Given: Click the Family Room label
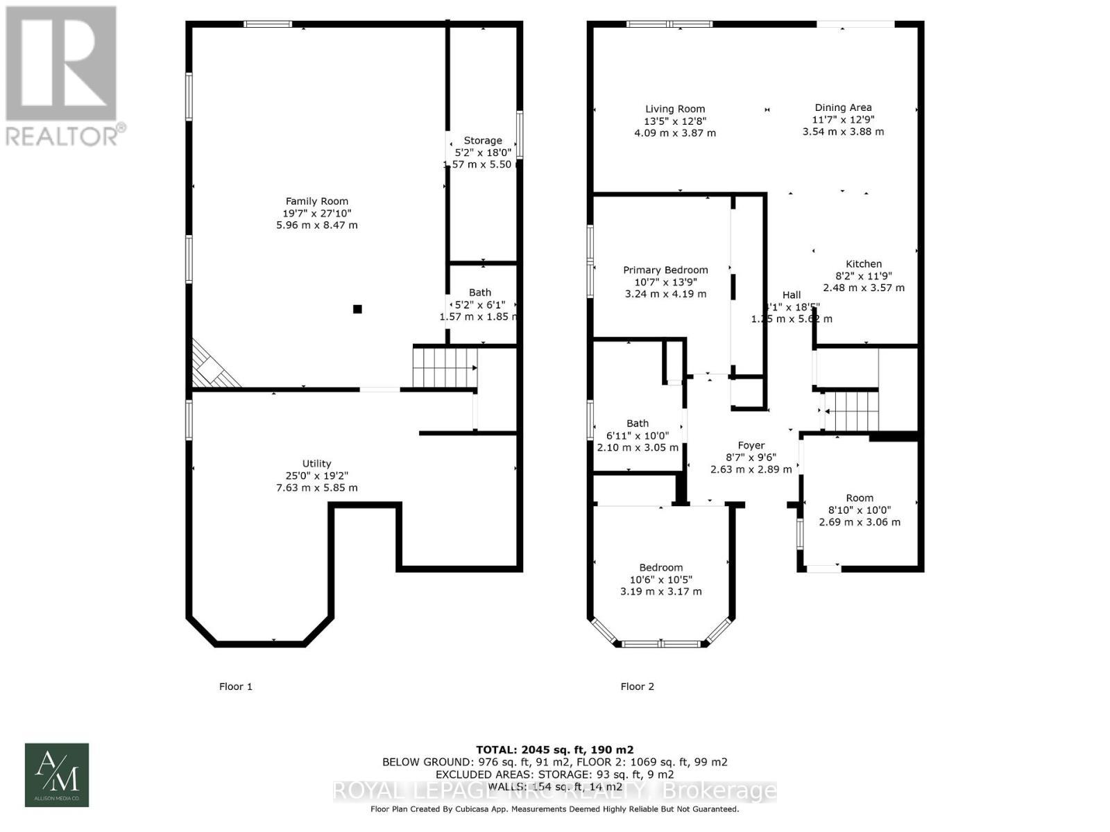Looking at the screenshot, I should (x=317, y=202).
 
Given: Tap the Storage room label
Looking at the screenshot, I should (x=482, y=141).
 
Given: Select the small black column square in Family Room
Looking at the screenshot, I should (x=357, y=309).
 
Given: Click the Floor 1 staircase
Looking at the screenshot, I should (x=445, y=367).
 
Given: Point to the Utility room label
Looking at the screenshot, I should (x=316, y=464).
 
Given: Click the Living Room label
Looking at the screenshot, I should (x=675, y=109).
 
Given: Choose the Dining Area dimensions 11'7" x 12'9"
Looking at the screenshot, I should (x=843, y=119).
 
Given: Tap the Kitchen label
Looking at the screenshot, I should (x=864, y=263).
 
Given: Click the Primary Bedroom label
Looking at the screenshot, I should (x=665, y=270).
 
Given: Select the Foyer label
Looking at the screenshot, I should (x=751, y=446).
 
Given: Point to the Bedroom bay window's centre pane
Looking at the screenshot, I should (x=660, y=643).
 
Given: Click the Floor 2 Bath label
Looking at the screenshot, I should (x=638, y=424).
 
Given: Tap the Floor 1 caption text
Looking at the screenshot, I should (x=236, y=686).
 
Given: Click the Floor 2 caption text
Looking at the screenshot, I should (x=637, y=686).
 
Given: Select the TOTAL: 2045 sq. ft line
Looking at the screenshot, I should (x=554, y=749).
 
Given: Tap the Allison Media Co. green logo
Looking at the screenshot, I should (x=57, y=774).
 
